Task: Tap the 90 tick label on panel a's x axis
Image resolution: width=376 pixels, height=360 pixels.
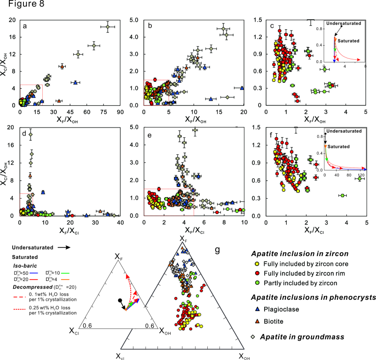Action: click(120, 113)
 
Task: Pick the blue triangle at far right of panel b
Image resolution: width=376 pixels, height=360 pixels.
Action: click(242, 88)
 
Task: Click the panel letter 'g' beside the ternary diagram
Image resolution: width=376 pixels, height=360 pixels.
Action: click(217, 250)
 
